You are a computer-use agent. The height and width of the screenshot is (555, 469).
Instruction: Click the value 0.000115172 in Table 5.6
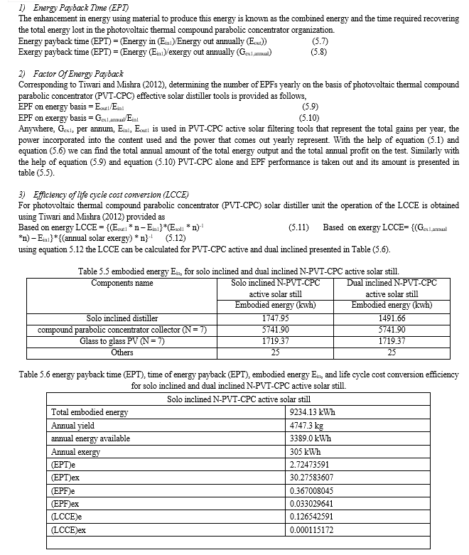pyautogui.click(x=319, y=530)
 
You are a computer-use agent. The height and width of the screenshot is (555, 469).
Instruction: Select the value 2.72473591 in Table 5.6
pyautogui.click(x=316, y=465)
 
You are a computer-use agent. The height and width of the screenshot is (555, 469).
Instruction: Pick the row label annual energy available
pyautogui.click(x=90, y=438)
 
